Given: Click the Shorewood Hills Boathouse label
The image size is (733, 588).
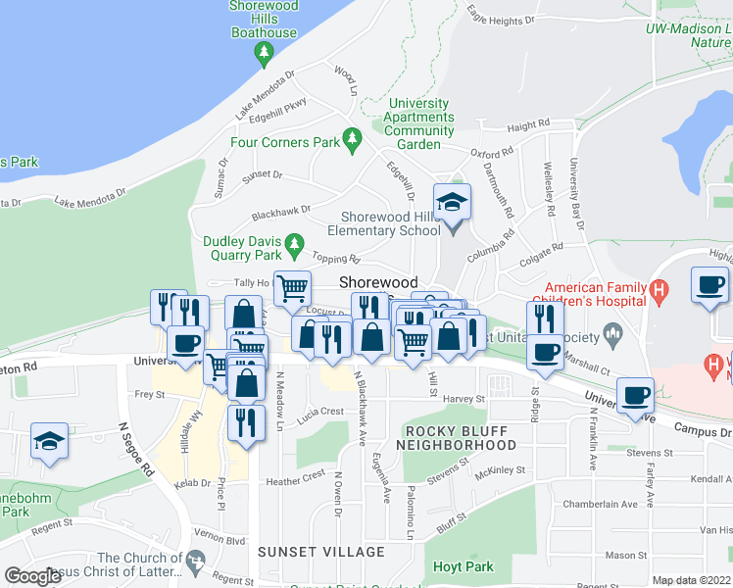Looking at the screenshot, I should tap(263, 20).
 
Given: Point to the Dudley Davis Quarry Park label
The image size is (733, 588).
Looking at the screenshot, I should tap(242, 248).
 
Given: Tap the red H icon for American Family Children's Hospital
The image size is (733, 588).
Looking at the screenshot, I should tap(660, 291).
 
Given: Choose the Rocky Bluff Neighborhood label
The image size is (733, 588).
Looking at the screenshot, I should tap(461, 438).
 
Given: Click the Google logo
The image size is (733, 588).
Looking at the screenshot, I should tap(32, 576).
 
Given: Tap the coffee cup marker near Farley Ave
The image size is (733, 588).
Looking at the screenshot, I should tap(635, 395).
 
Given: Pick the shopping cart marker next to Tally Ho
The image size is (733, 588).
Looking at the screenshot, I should tap(292, 288).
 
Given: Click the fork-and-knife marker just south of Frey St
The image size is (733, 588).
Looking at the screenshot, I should tap(245, 423).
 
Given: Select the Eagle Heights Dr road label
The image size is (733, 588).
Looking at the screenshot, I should tap(501, 16).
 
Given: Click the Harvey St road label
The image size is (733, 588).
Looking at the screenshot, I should tap(464, 399).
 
